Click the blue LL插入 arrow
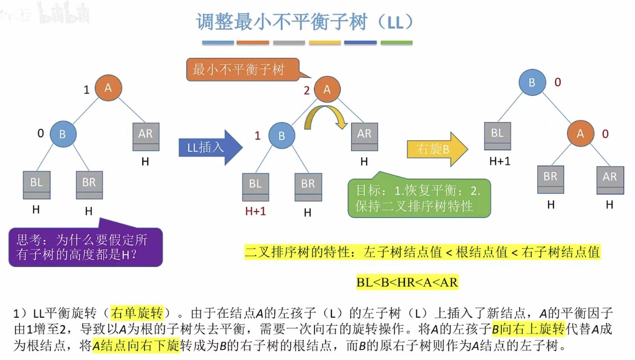click(x=209, y=147)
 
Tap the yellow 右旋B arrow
click(x=436, y=149)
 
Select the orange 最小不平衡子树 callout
click(x=241, y=69)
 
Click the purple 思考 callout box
click(x=85, y=247)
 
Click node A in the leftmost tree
click(x=108, y=88)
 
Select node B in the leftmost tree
click(x=63, y=134)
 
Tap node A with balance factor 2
click(x=327, y=89)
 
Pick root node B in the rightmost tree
click(x=532, y=82)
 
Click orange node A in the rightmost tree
click(x=580, y=133)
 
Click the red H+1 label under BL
click(x=256, y=211)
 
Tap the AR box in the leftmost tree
click(x=146, y=136)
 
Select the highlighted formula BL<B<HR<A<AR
click(x=407, y=282)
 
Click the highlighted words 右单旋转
click(x=137, y=313)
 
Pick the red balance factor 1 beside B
click(x=258, y=136)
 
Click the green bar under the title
click(x=396, y=43)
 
